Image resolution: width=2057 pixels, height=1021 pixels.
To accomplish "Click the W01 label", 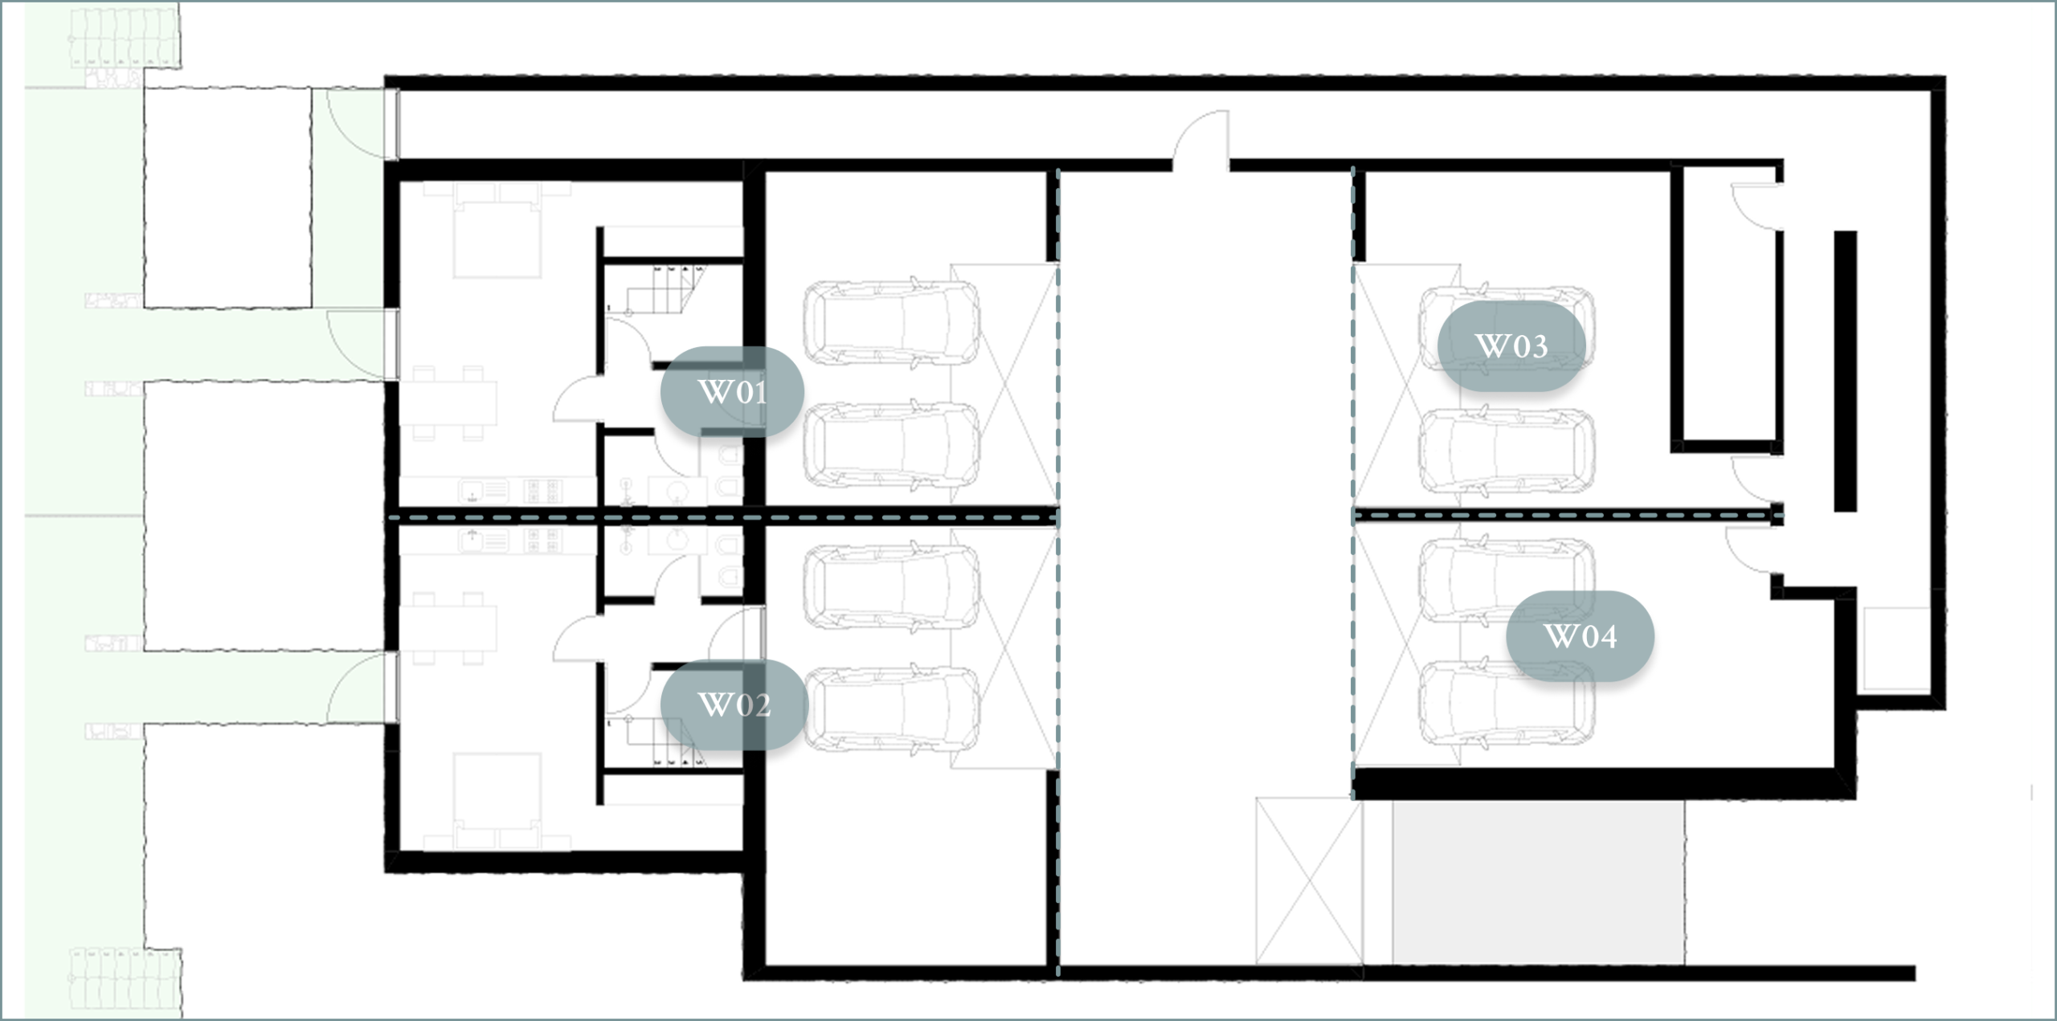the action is pos(732,392).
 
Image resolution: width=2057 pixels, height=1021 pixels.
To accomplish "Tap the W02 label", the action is pos(732,704).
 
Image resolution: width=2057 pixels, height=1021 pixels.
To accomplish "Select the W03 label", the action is pos(1511,346).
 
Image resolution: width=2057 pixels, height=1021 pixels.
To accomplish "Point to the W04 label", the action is pos(1580,636).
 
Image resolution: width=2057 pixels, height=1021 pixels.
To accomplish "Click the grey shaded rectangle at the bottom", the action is pos(1538,881).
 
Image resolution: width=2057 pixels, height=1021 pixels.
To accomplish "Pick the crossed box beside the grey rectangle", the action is pos(1309,880).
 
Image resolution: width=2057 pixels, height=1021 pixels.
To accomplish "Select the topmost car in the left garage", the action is pos(891,323).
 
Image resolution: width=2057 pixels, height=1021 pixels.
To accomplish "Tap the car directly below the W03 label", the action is pos(1507,451).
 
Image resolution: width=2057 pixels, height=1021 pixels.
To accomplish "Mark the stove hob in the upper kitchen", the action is pos(543,491).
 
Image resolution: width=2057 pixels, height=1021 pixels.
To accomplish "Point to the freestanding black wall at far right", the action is pos(1845,371).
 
